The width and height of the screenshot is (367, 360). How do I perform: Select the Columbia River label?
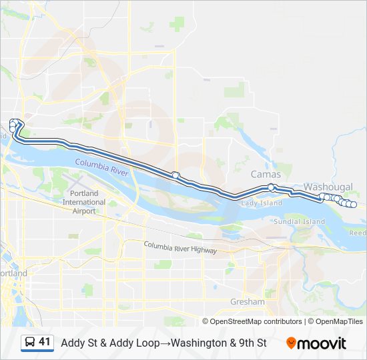click(x=101, y=167)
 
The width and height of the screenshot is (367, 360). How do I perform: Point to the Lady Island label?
click(x=262, y=203)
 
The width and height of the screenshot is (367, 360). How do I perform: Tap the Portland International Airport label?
click(x=83, y=202)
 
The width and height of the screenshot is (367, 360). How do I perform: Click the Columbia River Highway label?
click(x=180, y=247)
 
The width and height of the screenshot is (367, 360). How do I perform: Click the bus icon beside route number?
click(x=30, y=343)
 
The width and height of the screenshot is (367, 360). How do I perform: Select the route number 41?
click(x=45, y=343)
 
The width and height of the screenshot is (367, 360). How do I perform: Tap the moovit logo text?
click(x=322, y=343)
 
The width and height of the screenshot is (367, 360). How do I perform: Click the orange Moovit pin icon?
click(x=292, y=343)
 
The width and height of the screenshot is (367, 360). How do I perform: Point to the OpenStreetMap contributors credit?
click(x=256, y=321)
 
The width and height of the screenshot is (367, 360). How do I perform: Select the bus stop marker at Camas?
click(x=272, y=187)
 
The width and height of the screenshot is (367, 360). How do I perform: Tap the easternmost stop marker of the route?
click(x=354, y=205)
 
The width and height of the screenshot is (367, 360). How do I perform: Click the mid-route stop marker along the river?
click(x=175, y=175)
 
